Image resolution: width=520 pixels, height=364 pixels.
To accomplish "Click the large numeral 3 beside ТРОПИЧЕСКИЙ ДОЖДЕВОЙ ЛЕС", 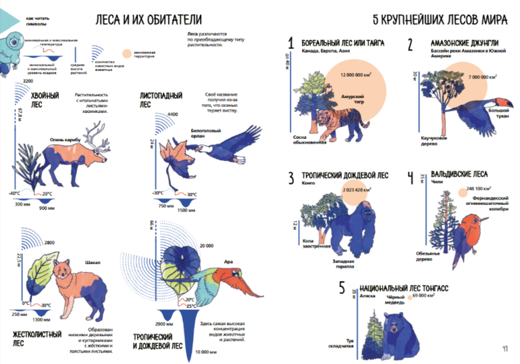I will pos(291,179).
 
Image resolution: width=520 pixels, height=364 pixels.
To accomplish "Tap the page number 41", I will pos(504,349).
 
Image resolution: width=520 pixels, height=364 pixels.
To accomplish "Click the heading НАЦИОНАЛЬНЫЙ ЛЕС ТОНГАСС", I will pos(405,288).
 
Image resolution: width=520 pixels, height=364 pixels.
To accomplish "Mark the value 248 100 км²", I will pos(479,189).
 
